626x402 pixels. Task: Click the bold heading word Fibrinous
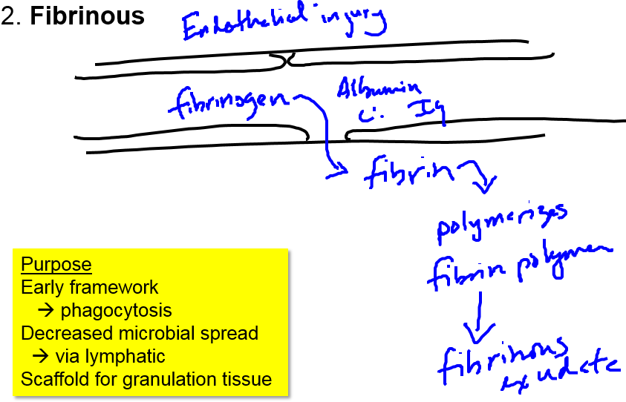[88, 16]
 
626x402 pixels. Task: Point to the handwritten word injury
[354, 21]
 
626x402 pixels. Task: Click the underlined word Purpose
[56, 265]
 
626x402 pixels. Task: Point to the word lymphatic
[113, 356]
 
